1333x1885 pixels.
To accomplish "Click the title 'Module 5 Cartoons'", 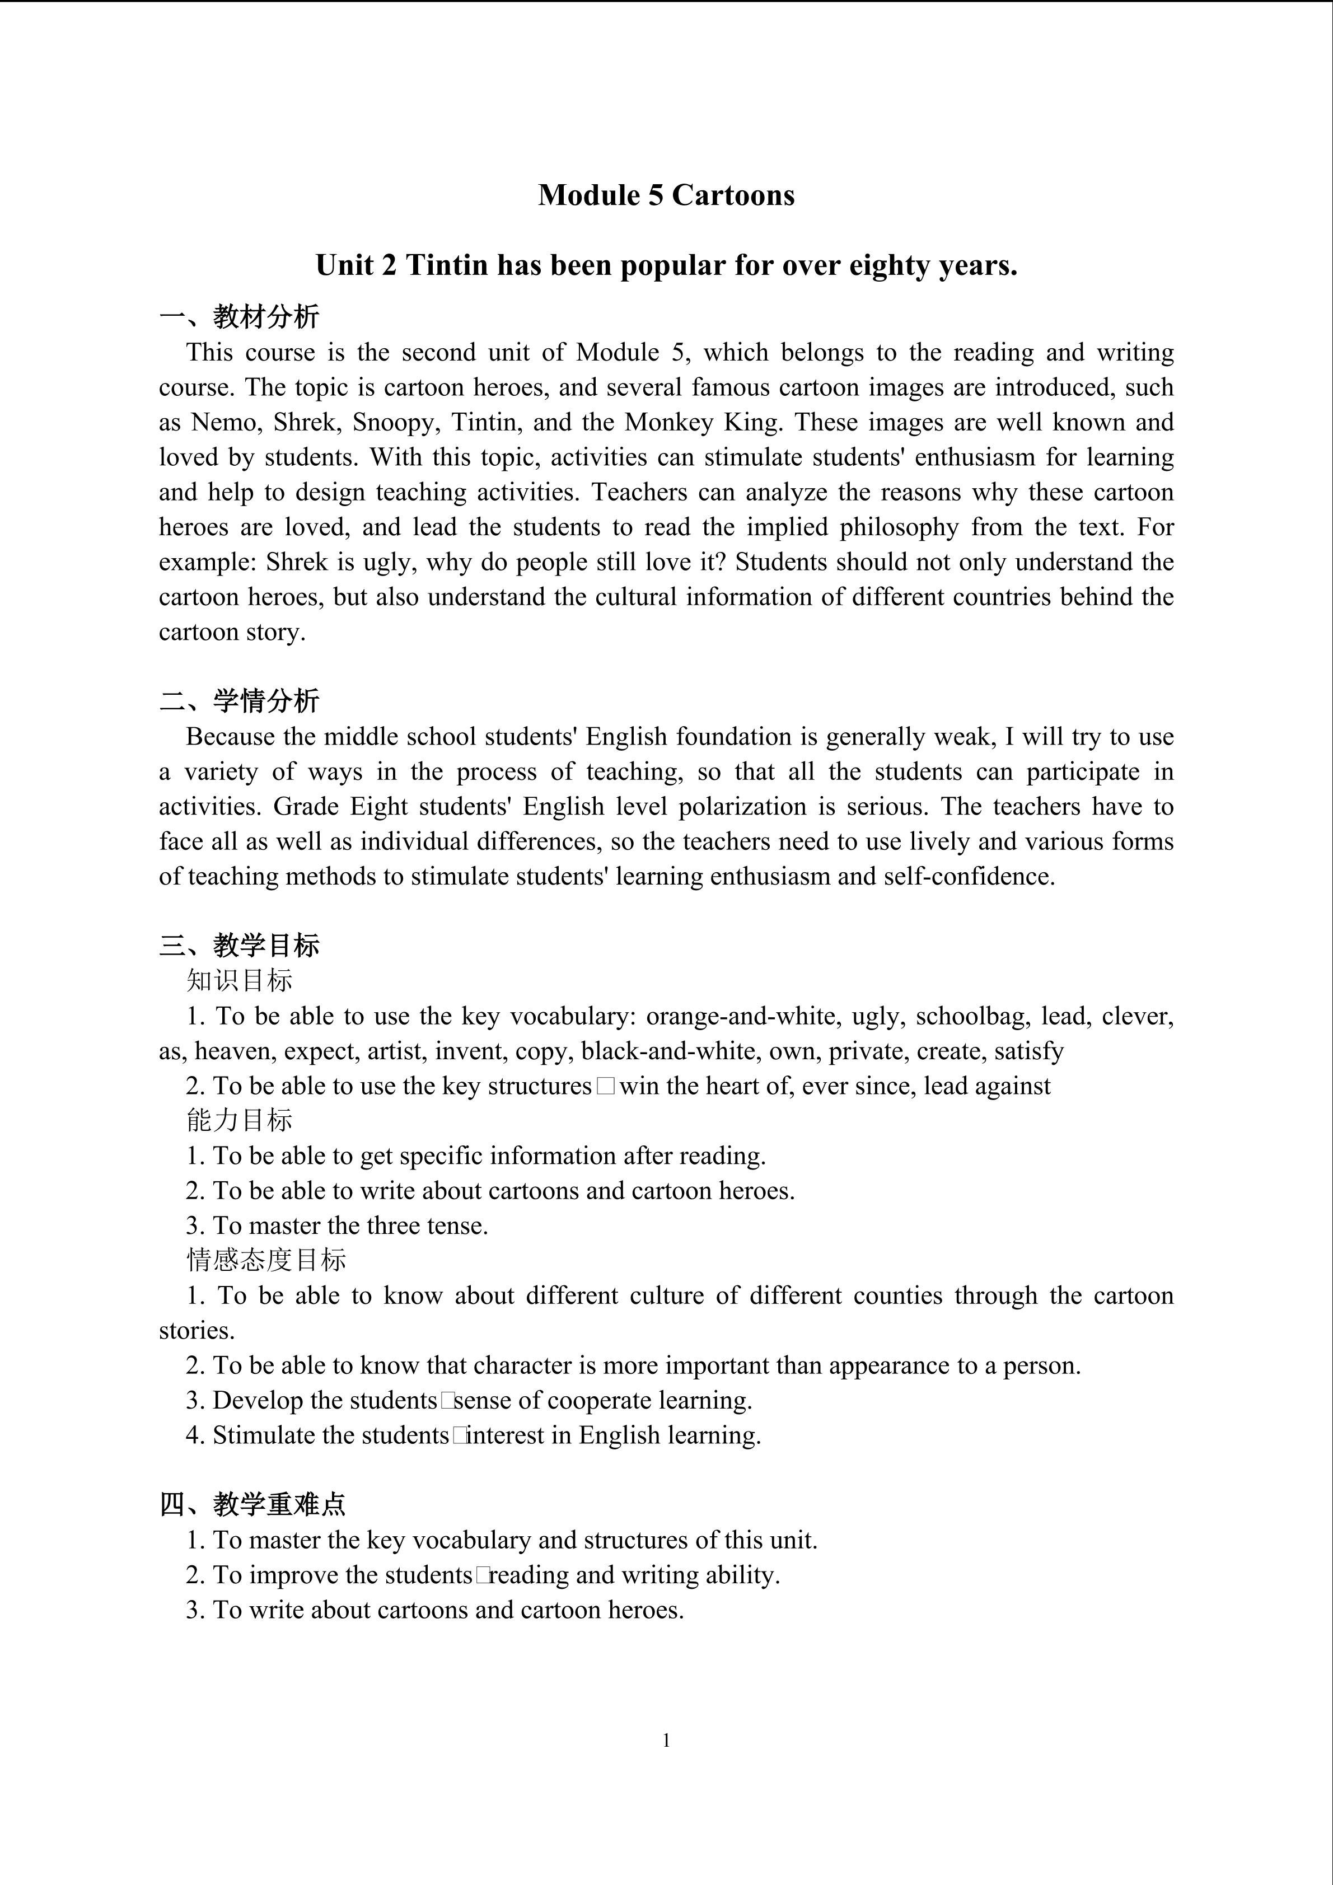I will click(x=666, y=195).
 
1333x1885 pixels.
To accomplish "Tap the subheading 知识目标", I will click(x=239, y=980).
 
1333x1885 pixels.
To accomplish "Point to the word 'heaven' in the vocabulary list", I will click(x=233, y=1051).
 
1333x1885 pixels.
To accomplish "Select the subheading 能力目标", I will click(x=239, y=1120).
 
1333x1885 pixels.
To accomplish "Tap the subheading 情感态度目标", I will click(x=266, y=1260).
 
